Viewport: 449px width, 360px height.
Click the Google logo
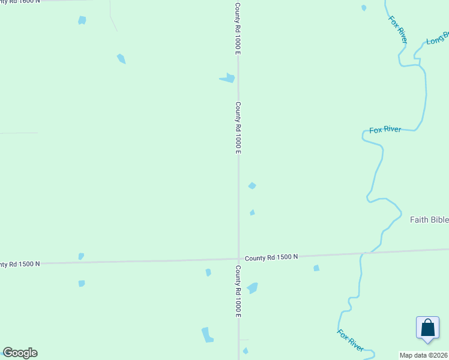point(20,353)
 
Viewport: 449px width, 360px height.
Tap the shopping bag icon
point(427,329)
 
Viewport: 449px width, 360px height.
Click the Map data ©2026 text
point(423,355)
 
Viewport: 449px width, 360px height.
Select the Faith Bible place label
point(429,220)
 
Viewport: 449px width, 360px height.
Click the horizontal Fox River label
point(385,130)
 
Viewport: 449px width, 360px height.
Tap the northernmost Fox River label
point(398,29)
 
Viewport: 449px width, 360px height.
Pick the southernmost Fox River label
point(350,340)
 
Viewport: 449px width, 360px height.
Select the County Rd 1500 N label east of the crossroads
point(271,257)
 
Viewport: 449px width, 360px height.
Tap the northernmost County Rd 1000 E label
point(238,29)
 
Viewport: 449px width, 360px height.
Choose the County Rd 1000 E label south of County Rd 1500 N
point(238,291)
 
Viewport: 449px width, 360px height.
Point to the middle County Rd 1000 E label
point(238,127)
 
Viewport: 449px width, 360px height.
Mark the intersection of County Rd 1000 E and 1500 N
point(239,259)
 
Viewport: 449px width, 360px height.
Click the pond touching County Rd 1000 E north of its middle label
point(228,78)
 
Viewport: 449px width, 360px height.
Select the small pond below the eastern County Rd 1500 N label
point(316,268)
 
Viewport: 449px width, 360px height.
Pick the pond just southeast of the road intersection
point(252,288)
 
